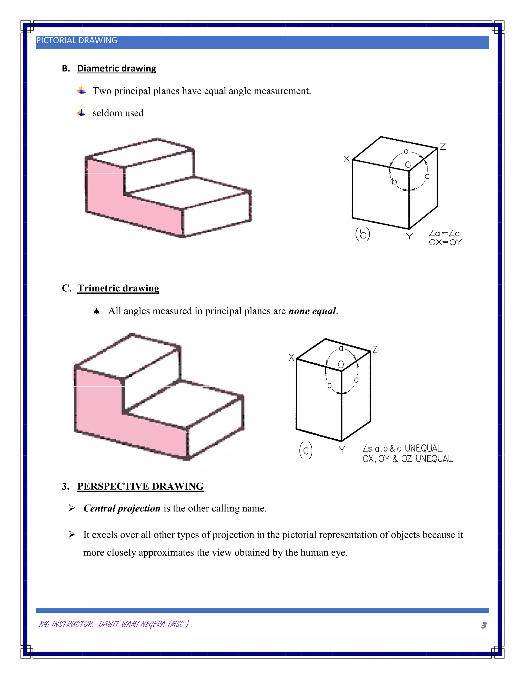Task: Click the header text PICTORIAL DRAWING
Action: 76,40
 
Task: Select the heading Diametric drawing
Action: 116,68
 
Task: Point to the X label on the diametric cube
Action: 347,159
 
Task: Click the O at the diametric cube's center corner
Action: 408,164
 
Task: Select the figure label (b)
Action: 363,234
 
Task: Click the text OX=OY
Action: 445,242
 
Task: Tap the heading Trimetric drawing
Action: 118,288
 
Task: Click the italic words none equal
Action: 312,311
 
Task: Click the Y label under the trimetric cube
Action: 342,450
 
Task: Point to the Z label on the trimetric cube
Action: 375,350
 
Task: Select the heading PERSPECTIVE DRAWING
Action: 140,486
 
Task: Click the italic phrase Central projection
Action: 122,508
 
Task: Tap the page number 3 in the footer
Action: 484,625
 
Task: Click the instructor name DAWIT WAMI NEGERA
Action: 132,624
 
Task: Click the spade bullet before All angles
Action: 96,312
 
